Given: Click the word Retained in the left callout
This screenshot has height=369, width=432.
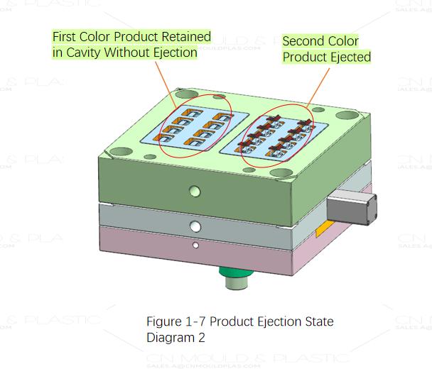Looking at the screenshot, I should pyautogui.click(x=185, y=36).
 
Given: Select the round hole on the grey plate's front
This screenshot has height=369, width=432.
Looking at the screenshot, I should pyautogui.click(x=194, y=226).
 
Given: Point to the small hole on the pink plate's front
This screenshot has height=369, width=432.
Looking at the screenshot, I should pyautogui.click(x=195, y=246).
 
